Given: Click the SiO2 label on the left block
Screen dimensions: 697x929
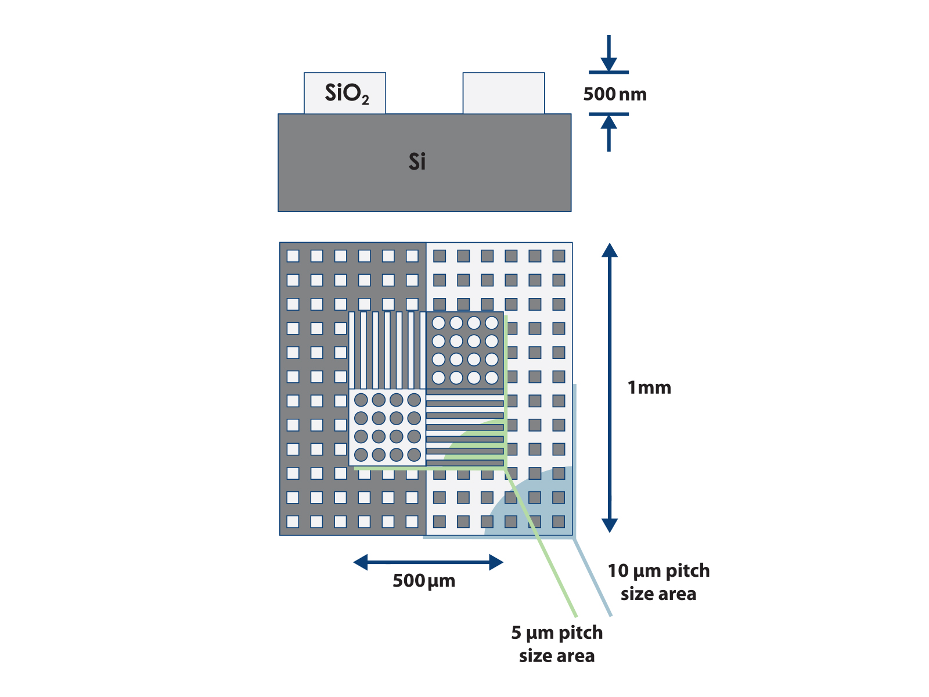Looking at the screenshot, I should (347, 93).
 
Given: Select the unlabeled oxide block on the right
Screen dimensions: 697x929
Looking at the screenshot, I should (503, 93).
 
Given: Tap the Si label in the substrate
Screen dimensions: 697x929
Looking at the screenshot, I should (417, 161).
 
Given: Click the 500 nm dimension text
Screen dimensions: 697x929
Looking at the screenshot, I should (614, 94).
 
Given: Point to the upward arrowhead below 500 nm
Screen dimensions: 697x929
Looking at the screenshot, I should (608, 123).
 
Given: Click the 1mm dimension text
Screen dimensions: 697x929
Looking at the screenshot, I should (649, 387).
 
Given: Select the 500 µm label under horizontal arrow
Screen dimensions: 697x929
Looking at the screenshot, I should (424, 581).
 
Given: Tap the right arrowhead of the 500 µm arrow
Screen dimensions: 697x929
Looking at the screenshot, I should (496, 562).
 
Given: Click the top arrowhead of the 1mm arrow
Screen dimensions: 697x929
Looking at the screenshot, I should (610, 250).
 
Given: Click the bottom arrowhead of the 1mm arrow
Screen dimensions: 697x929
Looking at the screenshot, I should (610, 525).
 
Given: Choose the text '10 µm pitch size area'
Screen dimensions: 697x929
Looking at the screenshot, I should (658, 582).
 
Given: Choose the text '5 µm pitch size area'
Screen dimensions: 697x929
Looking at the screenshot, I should (557, 644).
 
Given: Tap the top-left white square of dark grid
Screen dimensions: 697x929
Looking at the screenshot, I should (293, 256).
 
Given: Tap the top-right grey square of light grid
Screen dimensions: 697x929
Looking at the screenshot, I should (559, 256).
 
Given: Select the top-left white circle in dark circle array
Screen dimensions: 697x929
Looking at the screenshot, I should (439, 323).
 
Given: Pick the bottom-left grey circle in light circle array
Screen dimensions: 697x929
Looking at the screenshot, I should (361, 454).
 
